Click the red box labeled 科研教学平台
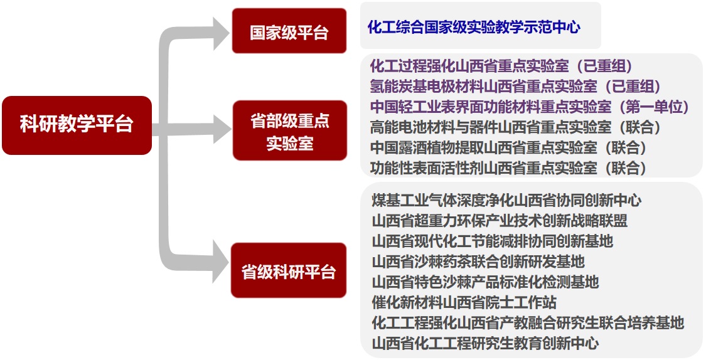[77, 125]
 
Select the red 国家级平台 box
[289, 31]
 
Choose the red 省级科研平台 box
[289, 270]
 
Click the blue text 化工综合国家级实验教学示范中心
[474, 27]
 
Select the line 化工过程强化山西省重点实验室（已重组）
[501, 66]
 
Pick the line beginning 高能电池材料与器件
[515, 127]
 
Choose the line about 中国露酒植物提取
[508, 147]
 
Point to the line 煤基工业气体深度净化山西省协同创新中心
[506, 200]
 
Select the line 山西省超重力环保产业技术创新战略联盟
[500, 221]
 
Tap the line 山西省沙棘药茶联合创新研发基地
[478, 261]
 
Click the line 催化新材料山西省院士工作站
[464, 302]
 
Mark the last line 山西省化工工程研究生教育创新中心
[485, 343]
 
